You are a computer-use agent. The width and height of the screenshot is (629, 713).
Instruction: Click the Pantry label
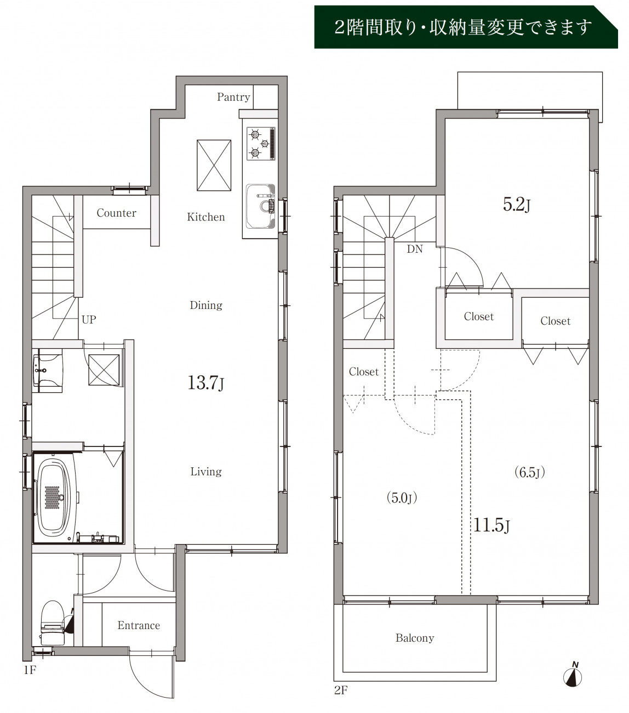click(x=233, y=97)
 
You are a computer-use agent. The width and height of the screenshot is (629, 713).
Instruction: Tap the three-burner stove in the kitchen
click(x=261, y=144)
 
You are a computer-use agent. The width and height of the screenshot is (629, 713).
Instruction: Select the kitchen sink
click(x=260, y=206)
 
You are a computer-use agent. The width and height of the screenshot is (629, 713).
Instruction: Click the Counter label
click(x=116, y=213)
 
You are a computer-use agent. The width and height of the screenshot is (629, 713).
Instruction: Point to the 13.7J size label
click(x=205, y=383)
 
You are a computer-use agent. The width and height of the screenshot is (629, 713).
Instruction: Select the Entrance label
click(x=139, y=625)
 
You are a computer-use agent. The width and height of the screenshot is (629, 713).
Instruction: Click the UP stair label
click(x=89, y=320)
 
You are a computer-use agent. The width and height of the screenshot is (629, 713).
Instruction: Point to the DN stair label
click(x=415, y=249)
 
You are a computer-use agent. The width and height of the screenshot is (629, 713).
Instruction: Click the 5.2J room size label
click(x=517, y=205)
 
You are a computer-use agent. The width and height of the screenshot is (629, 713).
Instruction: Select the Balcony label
click(x=415, y=638)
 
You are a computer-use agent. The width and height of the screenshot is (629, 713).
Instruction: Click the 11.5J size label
click(x=491, y=525)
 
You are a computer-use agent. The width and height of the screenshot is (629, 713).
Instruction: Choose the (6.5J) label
click(x=530, y=472)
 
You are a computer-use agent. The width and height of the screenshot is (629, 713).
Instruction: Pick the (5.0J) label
click(x=402, y=497)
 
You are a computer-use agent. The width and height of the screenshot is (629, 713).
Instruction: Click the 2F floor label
click(x=341, y=690)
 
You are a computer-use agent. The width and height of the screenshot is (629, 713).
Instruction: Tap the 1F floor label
click(x=30, y=670)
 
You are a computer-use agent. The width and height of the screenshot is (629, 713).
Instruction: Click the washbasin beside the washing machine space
click(x=48, y=370)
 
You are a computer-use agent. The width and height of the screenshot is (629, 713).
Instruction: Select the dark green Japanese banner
click(x=466, y=27)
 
